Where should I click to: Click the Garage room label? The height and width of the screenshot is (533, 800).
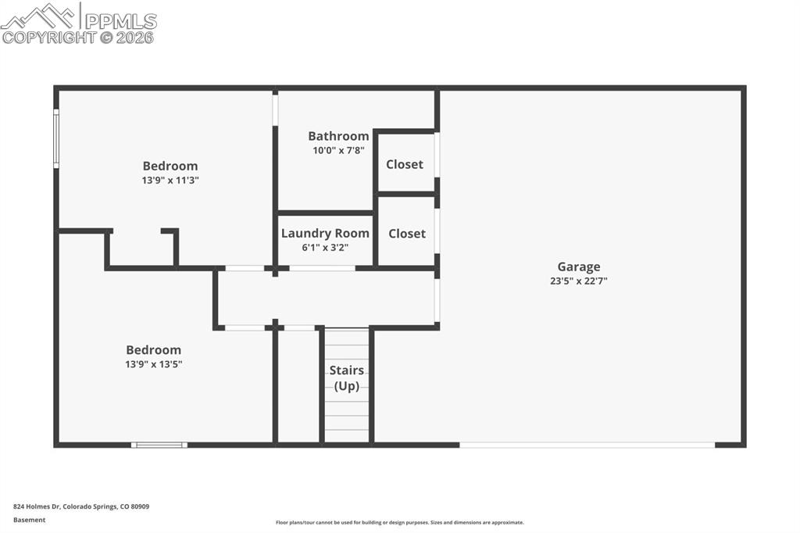pyautogui.click(x=578, y=267)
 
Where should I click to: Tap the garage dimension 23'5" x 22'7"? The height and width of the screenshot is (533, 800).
pyautogui.click(x=578, y=281)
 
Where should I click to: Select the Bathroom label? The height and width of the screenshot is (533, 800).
pyautogui.click(x=338, y=136)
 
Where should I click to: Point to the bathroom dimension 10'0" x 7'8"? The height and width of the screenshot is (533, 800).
pyautogui.click(x=338, y=150)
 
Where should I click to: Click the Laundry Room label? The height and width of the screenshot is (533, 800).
pyautogui.click(x=325, y=233)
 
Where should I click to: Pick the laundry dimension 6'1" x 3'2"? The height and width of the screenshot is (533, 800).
pyautogui.click(x=325, y=247)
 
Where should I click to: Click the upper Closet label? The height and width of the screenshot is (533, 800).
pyautogui.click(x=405, y=164)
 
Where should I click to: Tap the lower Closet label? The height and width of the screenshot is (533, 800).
pyautogui.click(x=407, y=233)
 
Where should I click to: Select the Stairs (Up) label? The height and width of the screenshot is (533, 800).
pyautogui.click(x=346, y=378)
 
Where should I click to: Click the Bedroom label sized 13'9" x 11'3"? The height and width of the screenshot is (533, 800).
pyautogui.click(x=170, y=166)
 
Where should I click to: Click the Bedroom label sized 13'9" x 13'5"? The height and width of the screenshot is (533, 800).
pyautogui.click(x=154, y=350)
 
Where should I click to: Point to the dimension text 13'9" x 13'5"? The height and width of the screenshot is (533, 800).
pyautogui.click(x=154, y=364)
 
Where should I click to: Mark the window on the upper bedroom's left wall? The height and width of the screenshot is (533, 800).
pyautogui.click(x=56, y=138)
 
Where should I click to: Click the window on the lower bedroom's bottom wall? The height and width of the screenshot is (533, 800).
pyautogui.click(x=159, y=445)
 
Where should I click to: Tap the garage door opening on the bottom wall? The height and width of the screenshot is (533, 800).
pyautogui.click(x=587, y=445)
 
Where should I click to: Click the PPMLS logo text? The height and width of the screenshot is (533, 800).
pyautogui.click(x=120, y=21)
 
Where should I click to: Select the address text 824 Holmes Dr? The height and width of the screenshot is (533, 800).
pyautogui.click(x=81, y=506)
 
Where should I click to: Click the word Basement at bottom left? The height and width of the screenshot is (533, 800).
pyautogui.click(x=30, y=520)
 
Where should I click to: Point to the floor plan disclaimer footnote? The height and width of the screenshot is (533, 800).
pyautogui.click(x=399, y=522)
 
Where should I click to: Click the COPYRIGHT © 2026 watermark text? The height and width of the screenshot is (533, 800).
pyautogui.click(x=78, y=38)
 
